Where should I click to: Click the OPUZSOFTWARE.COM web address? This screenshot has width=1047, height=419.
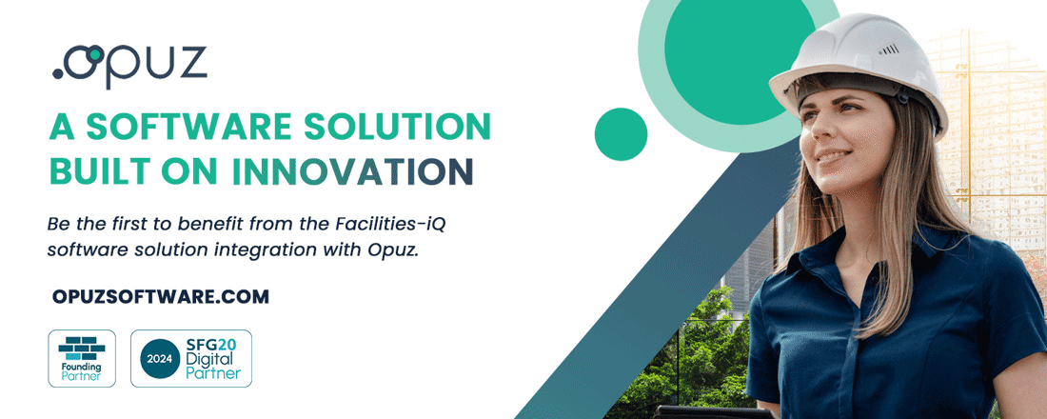[161, 297]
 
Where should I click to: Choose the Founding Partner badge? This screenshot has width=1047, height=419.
[82, 358]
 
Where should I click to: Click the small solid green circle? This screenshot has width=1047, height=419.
[621, 133]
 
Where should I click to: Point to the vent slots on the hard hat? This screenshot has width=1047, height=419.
[889, 49]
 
